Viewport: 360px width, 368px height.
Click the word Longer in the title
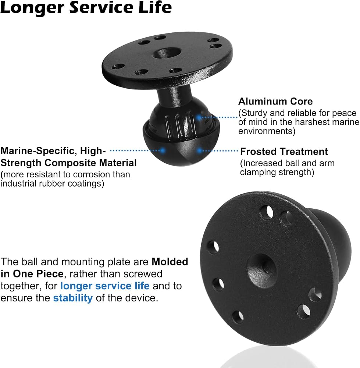pyautogui.click(x=32, y=7)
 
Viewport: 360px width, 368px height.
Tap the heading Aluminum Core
pyautogui.click(x=275, y=102)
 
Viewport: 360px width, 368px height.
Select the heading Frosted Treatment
pyautogui.click(x=284, y=152)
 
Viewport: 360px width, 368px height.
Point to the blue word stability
pyautogui.click(x=73, y=298)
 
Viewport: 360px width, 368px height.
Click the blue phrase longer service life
pyautogui.click(x=105, y=286)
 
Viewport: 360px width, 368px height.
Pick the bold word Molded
pyautogui.click(x=170, y=262)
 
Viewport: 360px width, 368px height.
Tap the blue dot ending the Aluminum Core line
pyautogui.click(x=199, y=117)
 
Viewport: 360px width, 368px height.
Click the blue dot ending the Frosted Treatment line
pyautogui.click(x=199, y=151)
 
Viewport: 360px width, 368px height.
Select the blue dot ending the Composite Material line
pyautogui.click(x=162, y=151)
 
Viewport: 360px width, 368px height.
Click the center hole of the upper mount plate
pyautogui.click(x=167, y=53)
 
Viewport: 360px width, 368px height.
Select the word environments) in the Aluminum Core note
pyautogui.click(x=267, y=131)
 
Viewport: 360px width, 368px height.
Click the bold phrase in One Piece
pyautogui.click(x=32, y=274)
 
